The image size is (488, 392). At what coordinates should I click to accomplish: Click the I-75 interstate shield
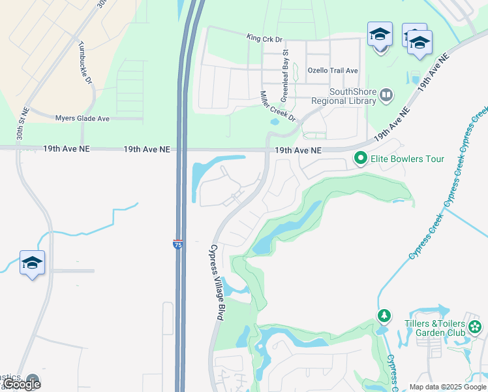click(178, 244)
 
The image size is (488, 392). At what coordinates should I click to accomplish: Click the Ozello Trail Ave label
click(333, 70)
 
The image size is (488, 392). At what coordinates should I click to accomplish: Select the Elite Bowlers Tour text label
click(407, 159)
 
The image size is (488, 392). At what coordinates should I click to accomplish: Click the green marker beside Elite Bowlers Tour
click(359, 159)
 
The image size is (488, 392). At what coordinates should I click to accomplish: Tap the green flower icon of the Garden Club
click(475, 325)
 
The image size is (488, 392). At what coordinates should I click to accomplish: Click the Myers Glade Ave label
click(82, 118)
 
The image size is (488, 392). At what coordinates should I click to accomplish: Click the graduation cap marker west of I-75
click(32, 263)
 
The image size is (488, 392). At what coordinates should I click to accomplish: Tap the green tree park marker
click(384, 317)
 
